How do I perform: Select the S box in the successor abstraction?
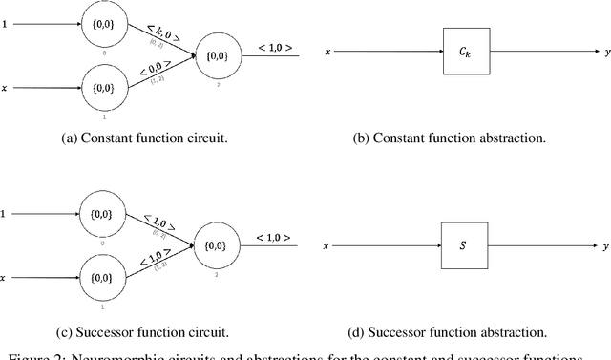tap(462, 246)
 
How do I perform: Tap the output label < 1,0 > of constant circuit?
tap(274, 48)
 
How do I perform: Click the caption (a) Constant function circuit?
tap(143, 138)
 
